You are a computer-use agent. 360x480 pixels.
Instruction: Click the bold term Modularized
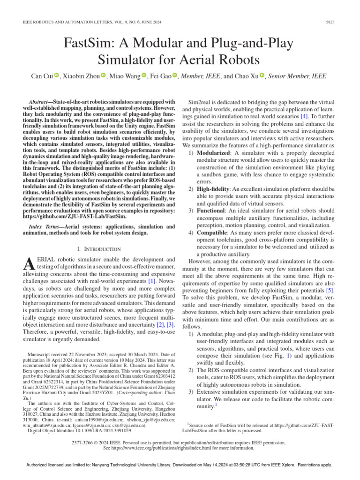(x=213, y=153)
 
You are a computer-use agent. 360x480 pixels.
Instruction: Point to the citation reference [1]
(x=152, y=281)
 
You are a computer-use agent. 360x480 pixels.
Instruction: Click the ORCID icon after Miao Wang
(x=144, y=76)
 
